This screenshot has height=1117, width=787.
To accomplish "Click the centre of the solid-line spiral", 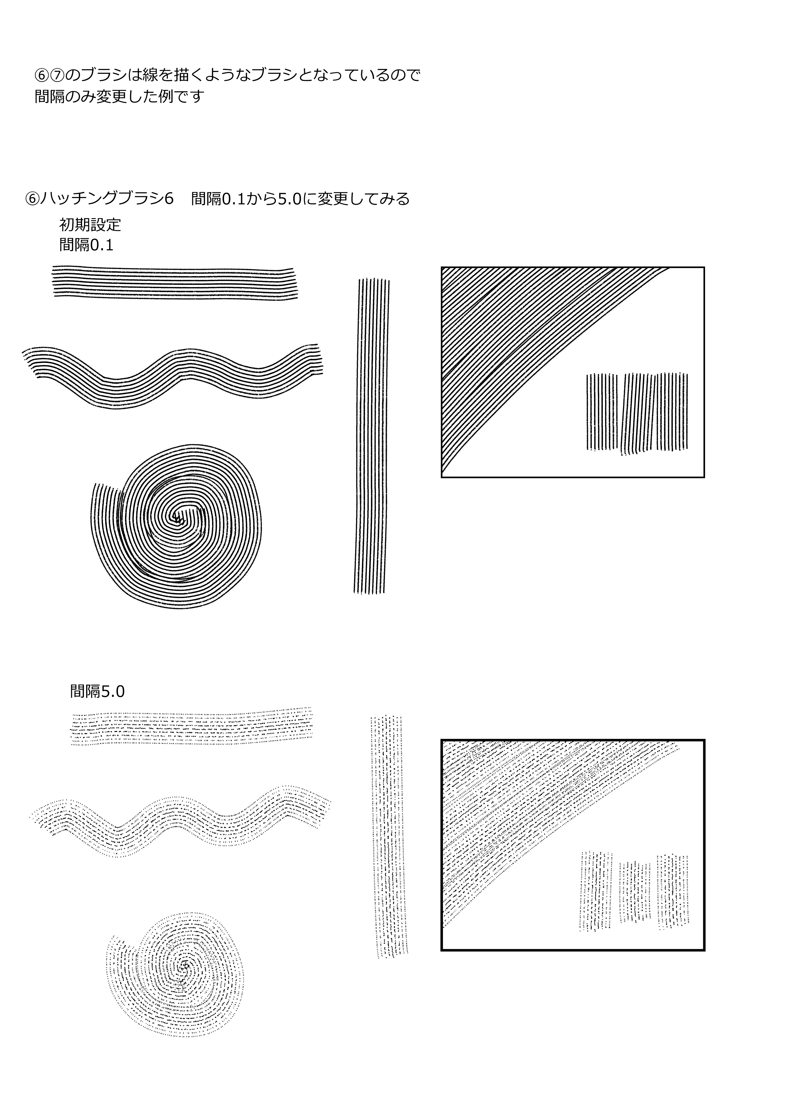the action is [176, 519].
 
